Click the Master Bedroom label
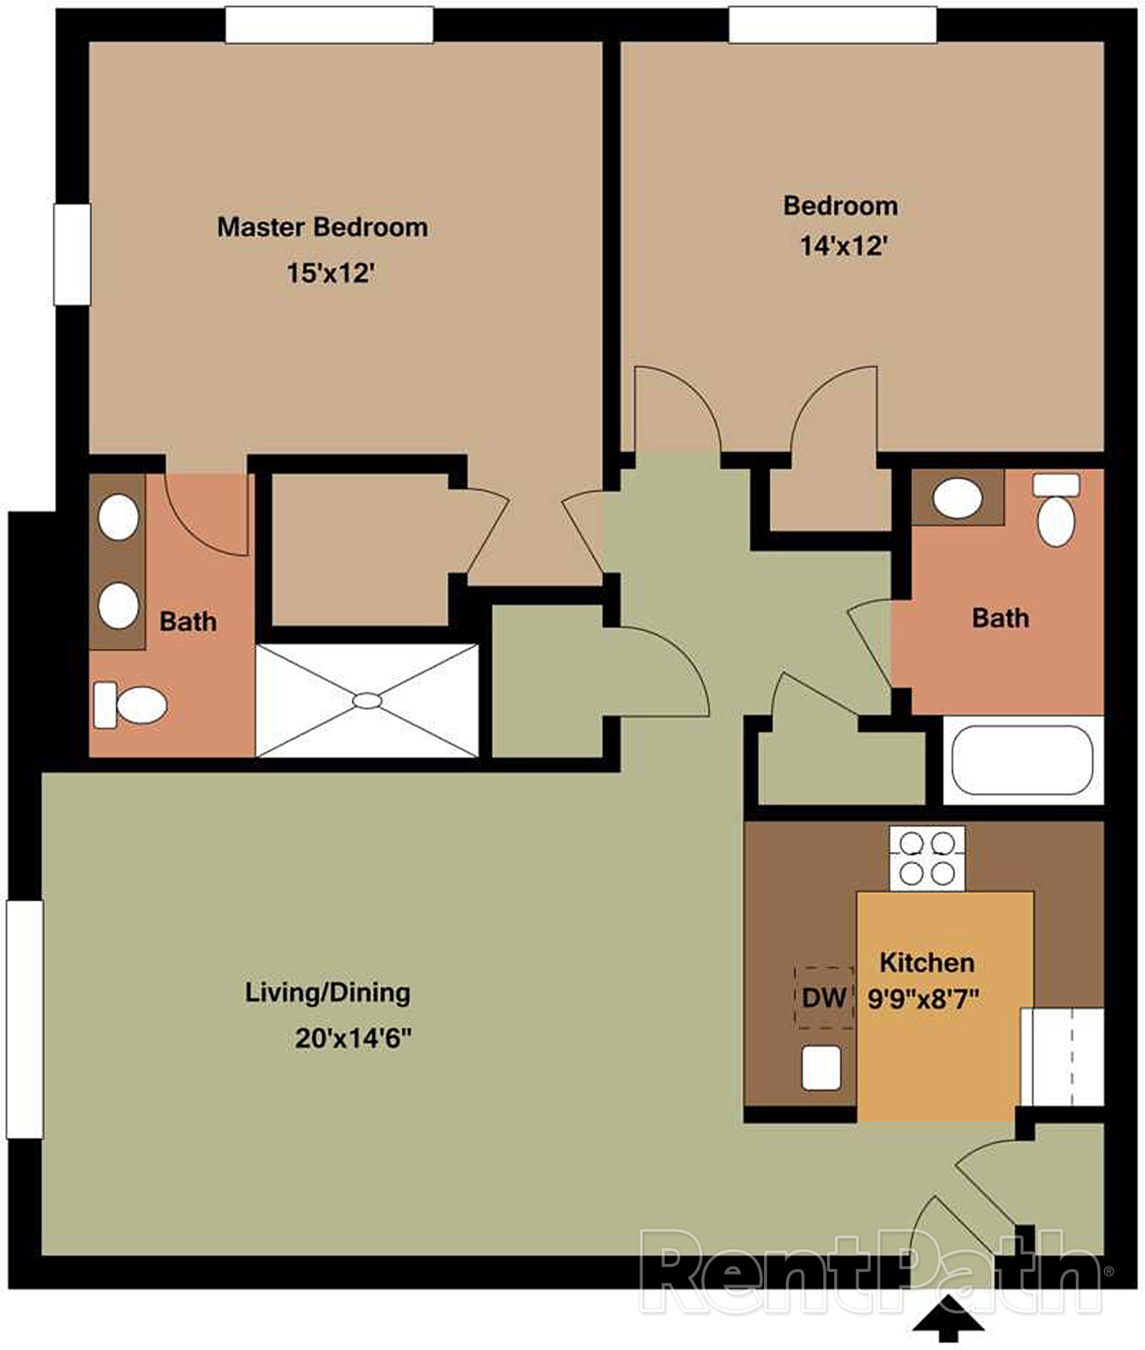323,227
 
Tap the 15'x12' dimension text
331,273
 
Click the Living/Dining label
327,993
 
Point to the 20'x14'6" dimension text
354,1039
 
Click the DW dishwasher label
824,997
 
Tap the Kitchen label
927,962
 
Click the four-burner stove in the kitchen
927,858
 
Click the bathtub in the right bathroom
1022,761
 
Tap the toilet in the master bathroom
131,705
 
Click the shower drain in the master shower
367,700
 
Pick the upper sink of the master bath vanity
118,517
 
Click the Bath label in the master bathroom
188,622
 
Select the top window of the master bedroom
329,24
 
